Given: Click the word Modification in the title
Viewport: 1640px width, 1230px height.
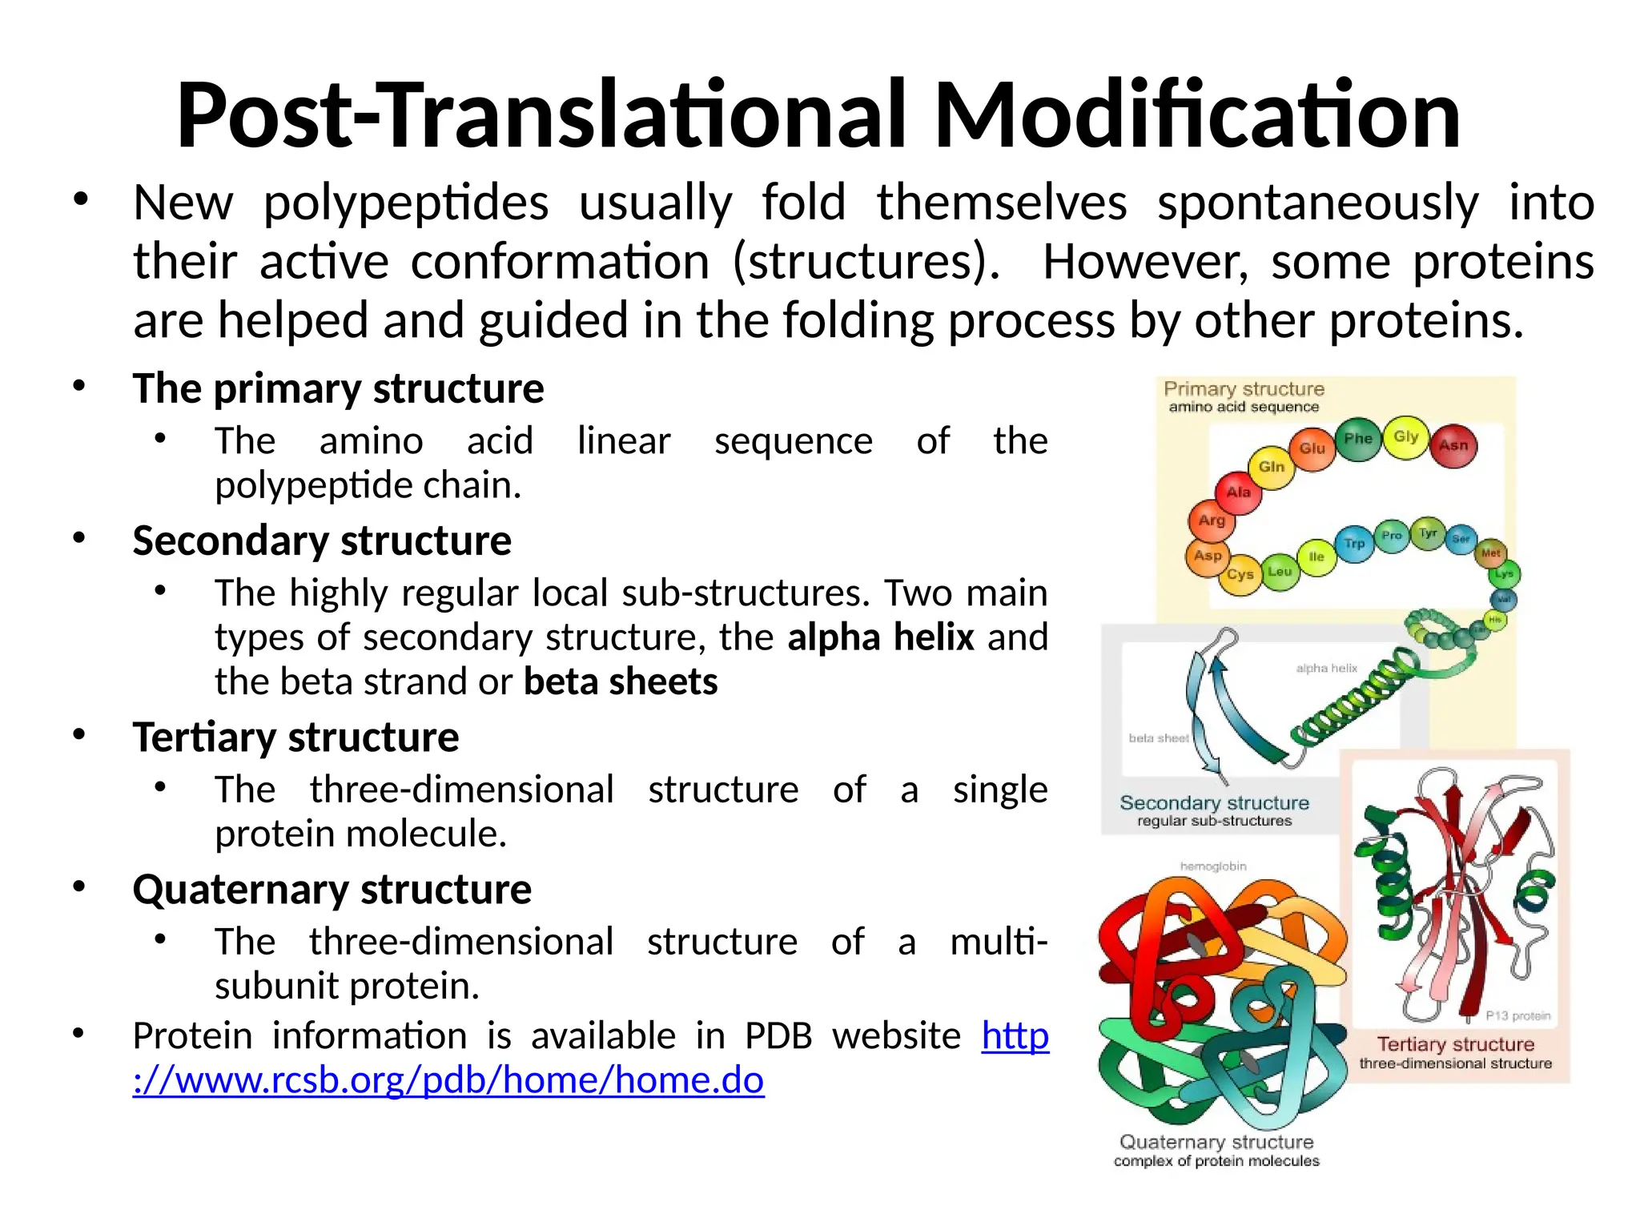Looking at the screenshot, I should (x=1197, y=116).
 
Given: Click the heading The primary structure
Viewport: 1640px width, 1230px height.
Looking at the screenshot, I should (x=338, y=388).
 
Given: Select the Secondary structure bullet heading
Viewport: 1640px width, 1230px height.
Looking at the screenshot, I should (x=322, y=541).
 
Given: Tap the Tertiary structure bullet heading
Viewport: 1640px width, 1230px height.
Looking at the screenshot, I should (x=295, y=737).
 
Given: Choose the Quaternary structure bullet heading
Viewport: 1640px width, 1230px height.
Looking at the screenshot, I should (x=332, y=889).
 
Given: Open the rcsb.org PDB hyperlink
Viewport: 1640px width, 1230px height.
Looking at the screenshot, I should (x=448, y=1079).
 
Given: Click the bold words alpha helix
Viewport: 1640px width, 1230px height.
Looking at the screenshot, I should (x=880, y=637).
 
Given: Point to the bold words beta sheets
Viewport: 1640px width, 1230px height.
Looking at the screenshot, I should (x=621, y=681).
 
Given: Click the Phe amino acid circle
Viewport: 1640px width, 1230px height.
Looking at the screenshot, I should (x=1358, y=438).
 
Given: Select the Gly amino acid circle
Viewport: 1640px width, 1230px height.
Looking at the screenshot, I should (x=1405, y=436).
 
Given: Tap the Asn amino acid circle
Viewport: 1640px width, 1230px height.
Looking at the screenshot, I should (x=1453, y=445).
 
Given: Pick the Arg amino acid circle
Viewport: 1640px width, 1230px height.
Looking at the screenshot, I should (x=1212, y=521).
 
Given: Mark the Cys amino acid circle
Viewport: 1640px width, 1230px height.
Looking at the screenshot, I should (x=1240, y=574).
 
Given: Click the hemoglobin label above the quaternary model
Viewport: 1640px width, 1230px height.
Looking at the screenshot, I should (x=1213, y=866).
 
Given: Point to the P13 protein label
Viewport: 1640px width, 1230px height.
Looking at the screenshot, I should (x=1517, y=1015).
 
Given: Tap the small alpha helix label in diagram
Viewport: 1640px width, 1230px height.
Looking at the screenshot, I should (x=1326, y=668).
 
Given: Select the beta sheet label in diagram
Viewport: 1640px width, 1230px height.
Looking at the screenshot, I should (x=1158, y=738).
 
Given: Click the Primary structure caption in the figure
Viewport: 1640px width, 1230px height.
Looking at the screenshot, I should (x=1244, y=389).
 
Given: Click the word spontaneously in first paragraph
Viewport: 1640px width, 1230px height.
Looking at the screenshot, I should (x=1317, y=203).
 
